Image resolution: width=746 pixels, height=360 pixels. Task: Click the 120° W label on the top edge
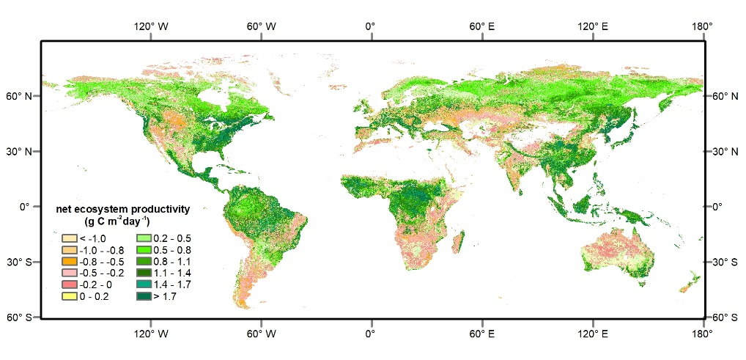[x=151, y=27]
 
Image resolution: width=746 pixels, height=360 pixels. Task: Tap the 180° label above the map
[x=702, y=27]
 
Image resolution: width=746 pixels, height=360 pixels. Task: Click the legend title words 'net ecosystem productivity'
[x=123, y=210]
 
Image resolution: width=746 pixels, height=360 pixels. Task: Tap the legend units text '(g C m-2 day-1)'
[x=117, y=221]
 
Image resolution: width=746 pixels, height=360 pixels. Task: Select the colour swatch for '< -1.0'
[x=70, y=238]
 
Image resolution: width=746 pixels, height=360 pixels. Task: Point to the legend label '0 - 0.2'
[x=95, y=296]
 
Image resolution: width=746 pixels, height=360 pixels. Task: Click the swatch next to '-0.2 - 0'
[x=70, y=284]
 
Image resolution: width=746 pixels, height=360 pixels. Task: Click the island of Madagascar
[x=458, y=243]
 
